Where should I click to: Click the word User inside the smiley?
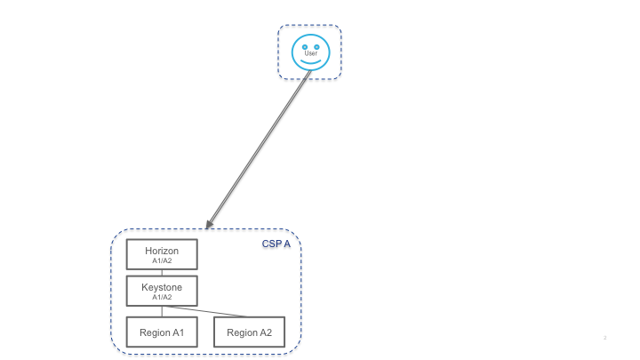[x=310, y=53]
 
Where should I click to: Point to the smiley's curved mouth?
[x=310, y=61]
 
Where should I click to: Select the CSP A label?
[x=276, y=244]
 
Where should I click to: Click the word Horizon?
[x=162, y=251]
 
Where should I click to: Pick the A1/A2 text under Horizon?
[x=162, y=260]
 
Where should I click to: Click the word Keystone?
[x=162, y=287]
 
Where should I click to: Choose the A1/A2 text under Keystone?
[x=162, y=297]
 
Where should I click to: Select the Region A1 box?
[x=162, y=332]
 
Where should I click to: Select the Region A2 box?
[x=250, y=332]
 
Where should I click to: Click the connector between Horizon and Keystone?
[x=162, y=272]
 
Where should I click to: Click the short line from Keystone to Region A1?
[x=162, y=311]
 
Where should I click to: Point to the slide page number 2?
[x=604, y=339]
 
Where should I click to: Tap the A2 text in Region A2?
[x=265, y=332]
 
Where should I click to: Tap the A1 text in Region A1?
[x=177, y=332]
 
